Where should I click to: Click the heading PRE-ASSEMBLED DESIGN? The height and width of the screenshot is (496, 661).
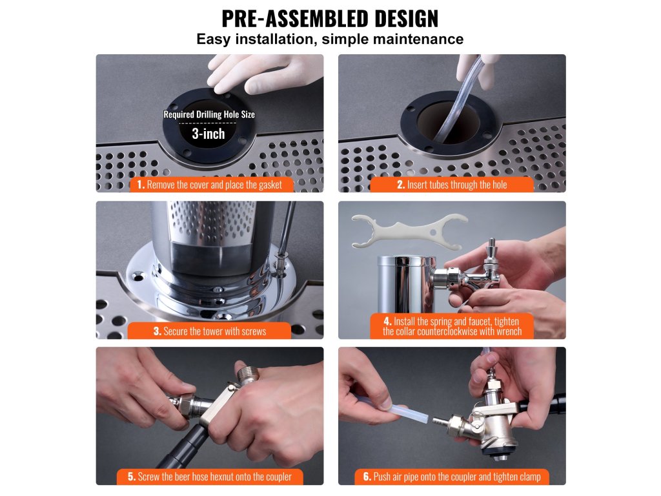330,19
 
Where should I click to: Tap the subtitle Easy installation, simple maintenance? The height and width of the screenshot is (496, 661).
330,39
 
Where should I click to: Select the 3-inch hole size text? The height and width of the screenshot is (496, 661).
208,134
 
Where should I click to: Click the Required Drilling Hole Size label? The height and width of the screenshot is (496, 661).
209,114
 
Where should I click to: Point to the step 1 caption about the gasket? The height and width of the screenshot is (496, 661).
210,185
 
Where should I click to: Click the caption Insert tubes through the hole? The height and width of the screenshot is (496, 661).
452,185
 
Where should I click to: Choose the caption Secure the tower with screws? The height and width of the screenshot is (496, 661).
210,331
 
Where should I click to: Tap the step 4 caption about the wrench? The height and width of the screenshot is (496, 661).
452,326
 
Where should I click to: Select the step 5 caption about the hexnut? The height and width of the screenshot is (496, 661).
210,477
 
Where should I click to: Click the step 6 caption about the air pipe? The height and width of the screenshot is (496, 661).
452,477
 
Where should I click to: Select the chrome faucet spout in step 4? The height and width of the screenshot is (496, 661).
485,279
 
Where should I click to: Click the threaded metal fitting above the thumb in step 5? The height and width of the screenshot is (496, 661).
247,375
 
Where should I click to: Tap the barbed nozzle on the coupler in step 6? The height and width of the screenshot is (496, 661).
440,421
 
